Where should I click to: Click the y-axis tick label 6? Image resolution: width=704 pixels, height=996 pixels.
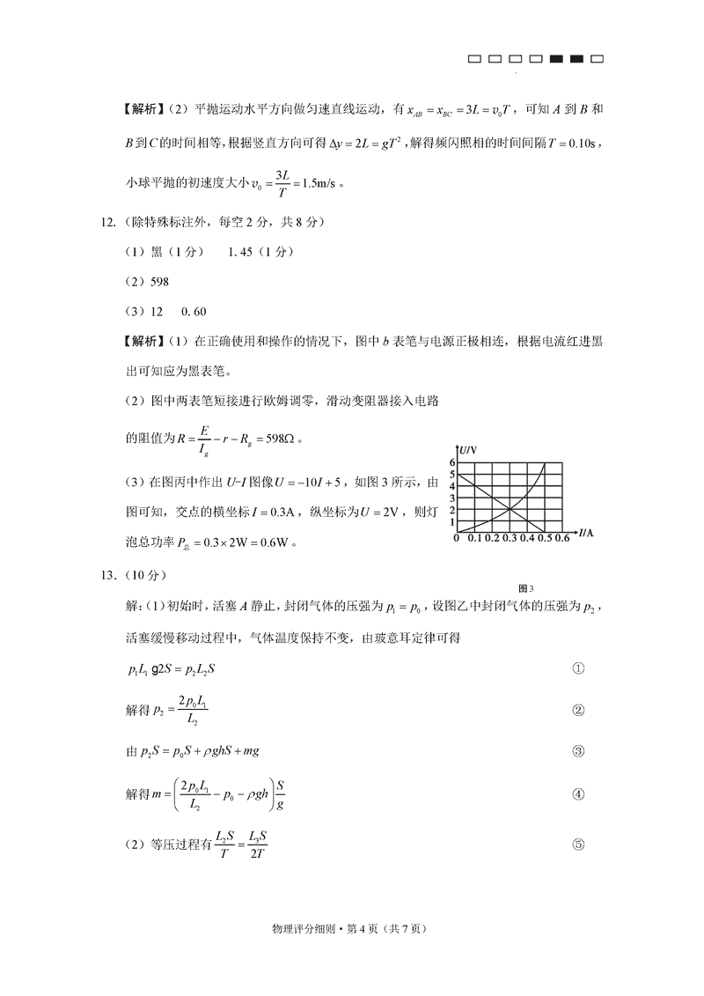click(x=452, y=462)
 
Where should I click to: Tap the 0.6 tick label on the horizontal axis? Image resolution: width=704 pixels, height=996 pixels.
click(x=563, y=538)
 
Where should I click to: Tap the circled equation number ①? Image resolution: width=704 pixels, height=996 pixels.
click(x=578, y=668)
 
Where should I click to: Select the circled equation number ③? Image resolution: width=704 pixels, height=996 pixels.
click(x=578, y=751)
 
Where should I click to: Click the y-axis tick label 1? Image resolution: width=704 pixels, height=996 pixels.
click(x=452, y=522)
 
